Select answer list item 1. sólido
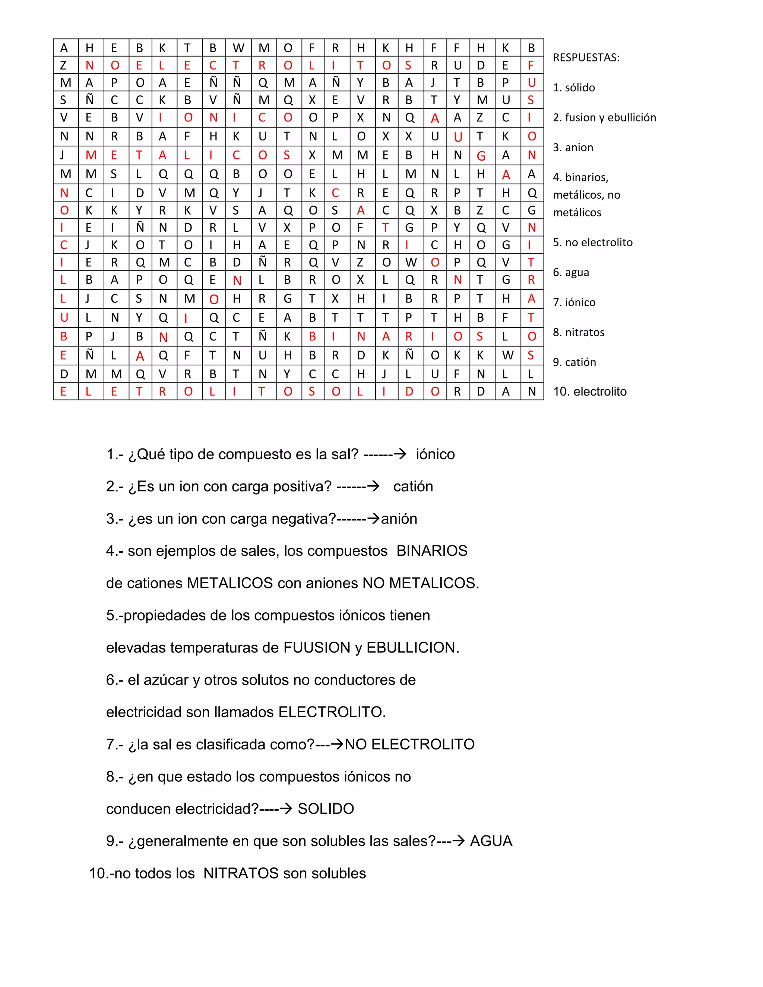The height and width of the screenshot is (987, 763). (x=574, y=87)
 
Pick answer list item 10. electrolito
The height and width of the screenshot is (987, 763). (x=589, y=391)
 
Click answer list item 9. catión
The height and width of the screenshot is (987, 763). (x=574, y=362)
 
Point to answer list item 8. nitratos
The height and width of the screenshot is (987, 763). (x=578, y=332)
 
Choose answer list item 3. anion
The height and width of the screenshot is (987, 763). (x=573, y=147)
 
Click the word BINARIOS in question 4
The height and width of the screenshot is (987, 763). (x=432, y=550)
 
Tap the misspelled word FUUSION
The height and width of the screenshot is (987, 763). (x=317, y=647)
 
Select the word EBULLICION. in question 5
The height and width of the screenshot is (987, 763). (x=413, y=647)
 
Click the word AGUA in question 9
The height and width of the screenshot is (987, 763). (x=491, y=841)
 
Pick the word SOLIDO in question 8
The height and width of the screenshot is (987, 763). (x=326, y=809)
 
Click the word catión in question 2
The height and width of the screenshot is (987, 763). (x=413, y=486)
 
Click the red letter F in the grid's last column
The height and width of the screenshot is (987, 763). (x=531, y=65)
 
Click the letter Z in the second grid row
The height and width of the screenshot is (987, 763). (x=63, y=65)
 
